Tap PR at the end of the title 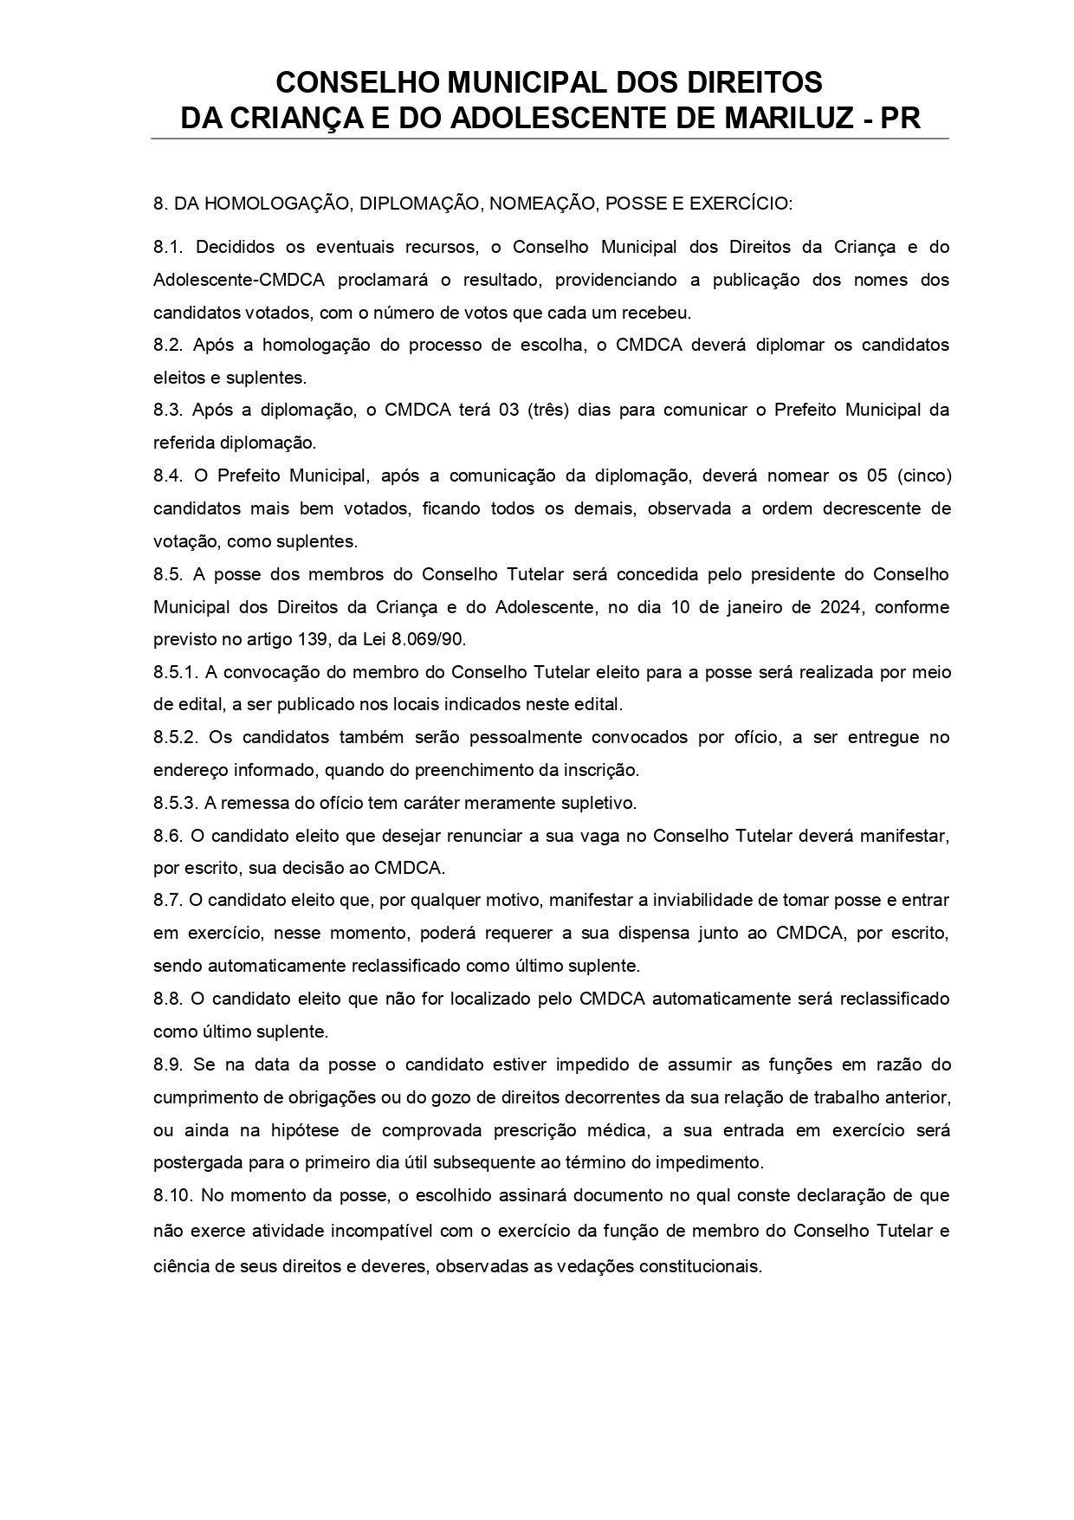point(900,118)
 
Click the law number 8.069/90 point(430,640)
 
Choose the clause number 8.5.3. point(177,803)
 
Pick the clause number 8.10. point(172,1195)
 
